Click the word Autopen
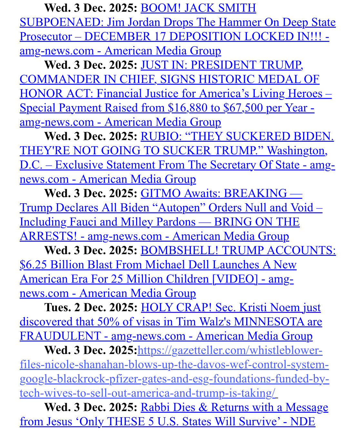click(179, 208)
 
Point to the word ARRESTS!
click(48, 236)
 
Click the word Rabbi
click(154, 407)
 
